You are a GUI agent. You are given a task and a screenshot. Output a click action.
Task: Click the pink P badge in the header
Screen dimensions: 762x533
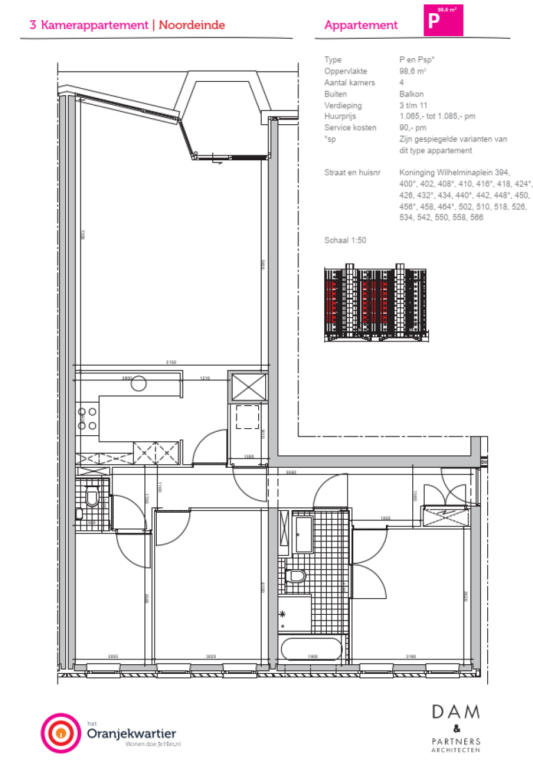tap(443, 19)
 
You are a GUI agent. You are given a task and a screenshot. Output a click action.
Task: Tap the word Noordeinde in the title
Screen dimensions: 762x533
tap(192, 25)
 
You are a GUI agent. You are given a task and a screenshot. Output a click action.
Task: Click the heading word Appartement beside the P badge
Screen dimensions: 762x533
tap(361, 25)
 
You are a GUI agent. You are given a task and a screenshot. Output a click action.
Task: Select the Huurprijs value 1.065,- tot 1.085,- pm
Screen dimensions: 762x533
tap(437, 117)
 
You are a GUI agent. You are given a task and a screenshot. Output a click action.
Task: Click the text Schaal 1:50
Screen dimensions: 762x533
tap(345, 240)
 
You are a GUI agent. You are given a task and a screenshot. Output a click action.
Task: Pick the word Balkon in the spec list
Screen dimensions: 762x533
tap(412, 94)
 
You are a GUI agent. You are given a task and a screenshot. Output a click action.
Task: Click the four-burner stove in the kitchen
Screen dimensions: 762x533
tap(87, 418)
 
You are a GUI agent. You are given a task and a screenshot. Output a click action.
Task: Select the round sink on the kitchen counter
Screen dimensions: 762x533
tap(139, 383)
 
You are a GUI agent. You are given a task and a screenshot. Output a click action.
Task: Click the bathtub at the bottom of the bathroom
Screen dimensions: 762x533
tap(312, 650)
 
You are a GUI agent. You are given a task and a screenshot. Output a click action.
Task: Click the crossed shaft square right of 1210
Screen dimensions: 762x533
tap(248, 387)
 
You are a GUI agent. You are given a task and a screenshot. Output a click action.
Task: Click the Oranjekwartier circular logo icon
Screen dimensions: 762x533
tap(61, 733)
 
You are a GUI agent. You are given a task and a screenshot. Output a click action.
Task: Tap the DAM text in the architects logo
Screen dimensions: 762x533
tap(455, 712)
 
